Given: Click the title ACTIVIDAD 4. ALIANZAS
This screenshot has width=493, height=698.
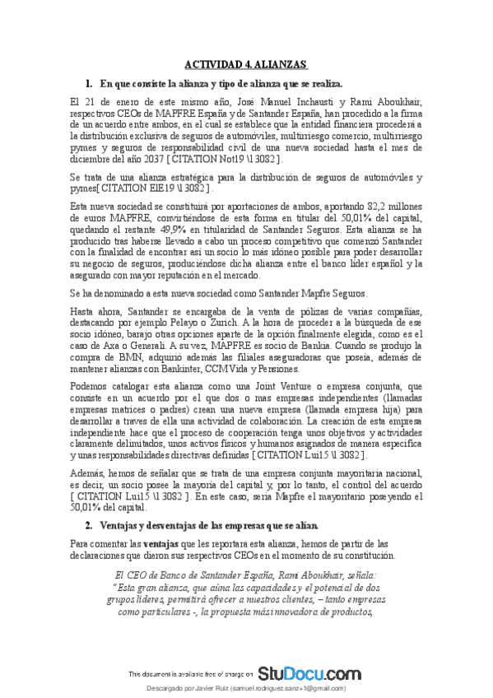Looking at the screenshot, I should (245, 64).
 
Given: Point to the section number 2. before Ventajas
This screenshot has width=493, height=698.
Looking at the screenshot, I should (90, 525).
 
